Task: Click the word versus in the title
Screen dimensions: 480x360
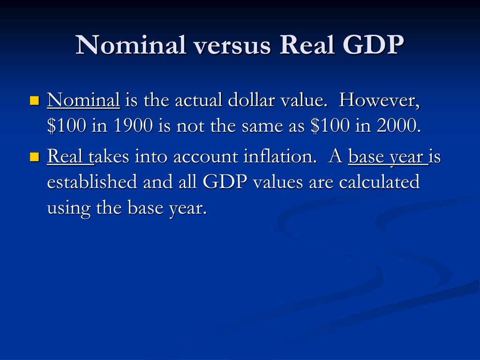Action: click(232, 46)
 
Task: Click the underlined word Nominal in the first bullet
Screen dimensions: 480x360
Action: click(83, 100)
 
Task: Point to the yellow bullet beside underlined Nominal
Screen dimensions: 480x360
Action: click(35, 100)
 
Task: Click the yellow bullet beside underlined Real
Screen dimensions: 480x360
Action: click(35, 157)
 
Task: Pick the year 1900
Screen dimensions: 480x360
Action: click(133, 126)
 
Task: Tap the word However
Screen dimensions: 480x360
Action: click(379, 100)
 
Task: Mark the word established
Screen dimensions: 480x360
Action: click(92, 181)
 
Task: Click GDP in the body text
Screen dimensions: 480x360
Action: click(225, 182)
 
